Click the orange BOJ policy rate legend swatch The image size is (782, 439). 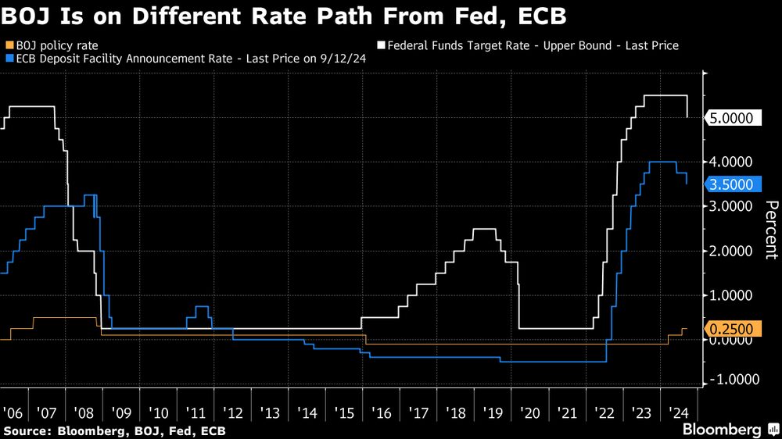9,45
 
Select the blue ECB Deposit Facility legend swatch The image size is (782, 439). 9,57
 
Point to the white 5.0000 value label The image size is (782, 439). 734,118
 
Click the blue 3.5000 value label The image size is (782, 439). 734,184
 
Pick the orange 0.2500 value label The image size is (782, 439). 734,330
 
